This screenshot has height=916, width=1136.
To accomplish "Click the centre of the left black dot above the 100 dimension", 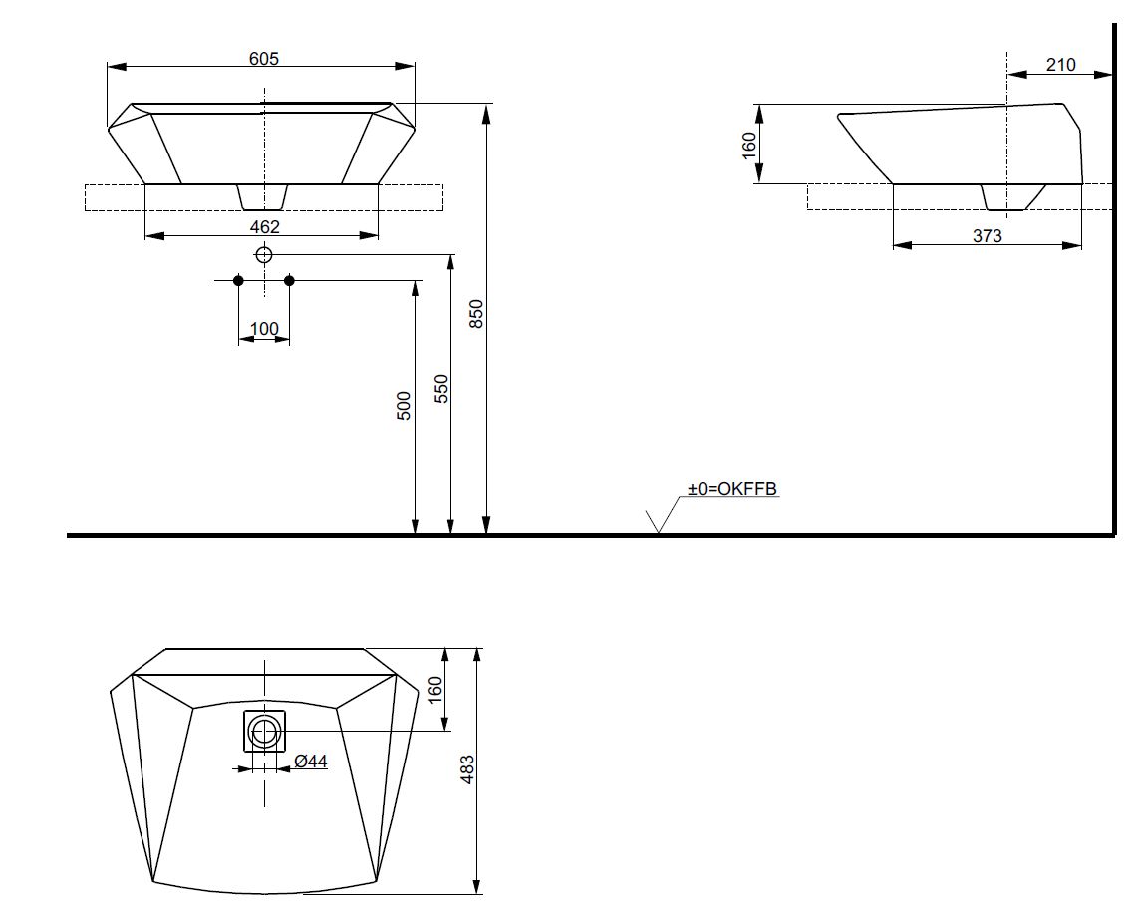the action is (x=238, y=280).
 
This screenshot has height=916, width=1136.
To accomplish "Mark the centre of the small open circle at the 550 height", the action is (x=264, y=254).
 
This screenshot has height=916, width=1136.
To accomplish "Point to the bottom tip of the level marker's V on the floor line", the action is (x=658, y=533).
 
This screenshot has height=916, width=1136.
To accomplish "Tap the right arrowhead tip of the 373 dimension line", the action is (x=1081, y=245).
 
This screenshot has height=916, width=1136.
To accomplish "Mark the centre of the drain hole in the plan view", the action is (x=264, y=731).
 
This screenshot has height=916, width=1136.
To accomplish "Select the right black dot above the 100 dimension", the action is (x=289, y=280).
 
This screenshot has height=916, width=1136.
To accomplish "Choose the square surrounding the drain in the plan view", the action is (x=264, y=731).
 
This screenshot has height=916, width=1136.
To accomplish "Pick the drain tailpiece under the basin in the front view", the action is (x=262, y=195).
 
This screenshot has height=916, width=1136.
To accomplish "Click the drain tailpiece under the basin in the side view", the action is (x=1012, y=197).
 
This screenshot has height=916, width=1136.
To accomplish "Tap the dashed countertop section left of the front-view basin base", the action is (x=115, y=197).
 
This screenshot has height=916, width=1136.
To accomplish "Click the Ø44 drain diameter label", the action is (x=311, y=761).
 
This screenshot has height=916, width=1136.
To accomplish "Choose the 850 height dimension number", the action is (x=476, y=314).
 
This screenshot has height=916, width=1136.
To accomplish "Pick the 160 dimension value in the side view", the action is (x=749, y=145).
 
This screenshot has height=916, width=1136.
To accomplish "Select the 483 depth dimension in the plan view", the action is (x=467, y=769).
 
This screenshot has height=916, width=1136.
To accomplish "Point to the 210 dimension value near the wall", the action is (x=1060, y=65).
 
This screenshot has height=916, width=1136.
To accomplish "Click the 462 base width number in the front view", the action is (x=264, y=227).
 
